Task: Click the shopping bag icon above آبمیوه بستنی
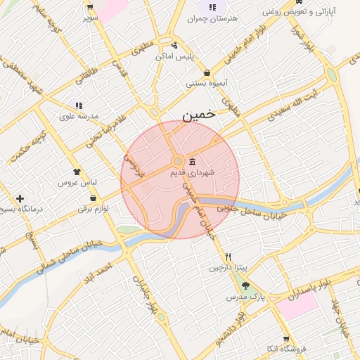point(207,72)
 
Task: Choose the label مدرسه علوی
point(78,117)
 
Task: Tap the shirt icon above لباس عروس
point(77,171)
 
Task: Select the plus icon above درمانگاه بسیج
point(20,199)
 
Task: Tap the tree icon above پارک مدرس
point(245,286)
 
